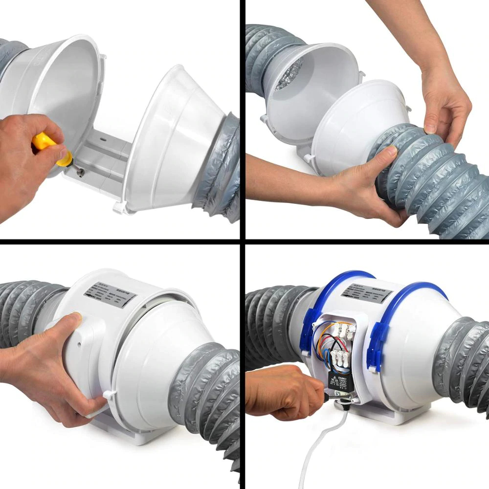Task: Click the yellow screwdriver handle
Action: pos(45,142)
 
